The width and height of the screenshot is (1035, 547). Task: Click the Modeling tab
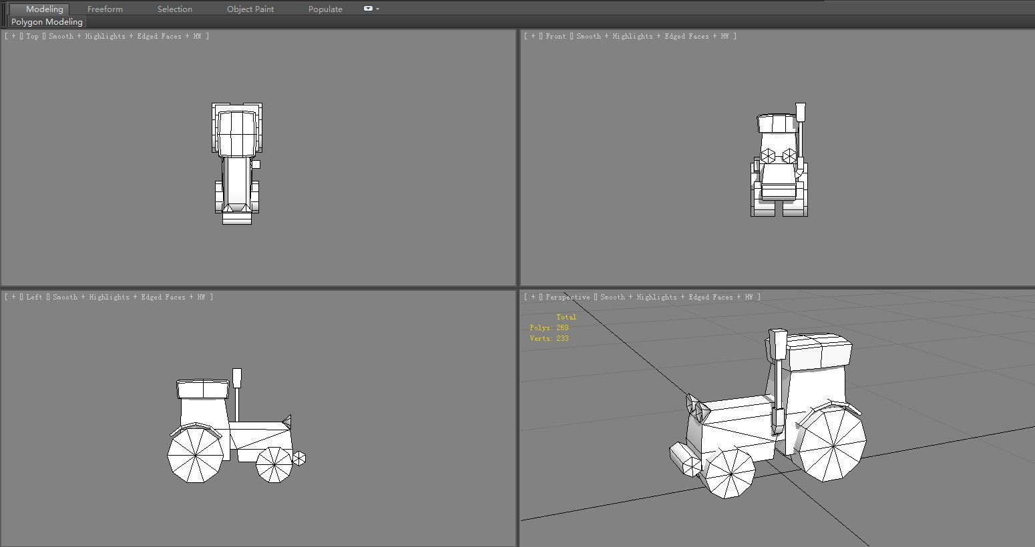coord(44,9)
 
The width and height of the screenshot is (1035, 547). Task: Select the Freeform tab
coord(105,9)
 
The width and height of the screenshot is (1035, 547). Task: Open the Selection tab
coord(174,9)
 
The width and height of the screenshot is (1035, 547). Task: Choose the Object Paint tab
coord(250,9)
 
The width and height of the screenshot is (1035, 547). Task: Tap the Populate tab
coord(325,9)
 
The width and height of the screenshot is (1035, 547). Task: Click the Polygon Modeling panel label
coord(47,22)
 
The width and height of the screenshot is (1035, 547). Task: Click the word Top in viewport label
coord(33,37)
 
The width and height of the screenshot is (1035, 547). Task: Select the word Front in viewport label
coord(556,37)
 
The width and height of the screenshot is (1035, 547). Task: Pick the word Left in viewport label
coord(35,298)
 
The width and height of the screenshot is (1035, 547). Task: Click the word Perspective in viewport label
coord(568,298)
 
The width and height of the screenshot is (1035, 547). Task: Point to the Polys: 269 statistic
coord(549,328)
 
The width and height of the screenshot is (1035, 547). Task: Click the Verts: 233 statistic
coord(549,339)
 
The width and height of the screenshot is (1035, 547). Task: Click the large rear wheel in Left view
coord(195,455)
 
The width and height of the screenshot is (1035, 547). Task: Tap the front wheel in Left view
coord(274,464)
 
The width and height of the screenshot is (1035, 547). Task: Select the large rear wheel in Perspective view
coord(833,444)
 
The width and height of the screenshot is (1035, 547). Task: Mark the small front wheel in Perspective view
coord(730,472)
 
